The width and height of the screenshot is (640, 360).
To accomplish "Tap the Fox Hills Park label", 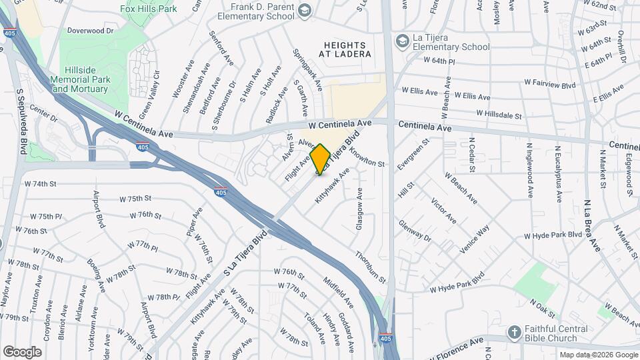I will (x=148, y=9).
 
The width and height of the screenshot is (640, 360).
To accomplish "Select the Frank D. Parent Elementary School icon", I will (x=305, y=10).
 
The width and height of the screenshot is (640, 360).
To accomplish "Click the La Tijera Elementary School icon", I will (x=402, y=41).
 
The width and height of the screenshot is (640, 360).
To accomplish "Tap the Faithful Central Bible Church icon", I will (x=513, y=332).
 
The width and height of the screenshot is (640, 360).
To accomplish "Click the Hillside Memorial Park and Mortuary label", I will (x=79, y=79).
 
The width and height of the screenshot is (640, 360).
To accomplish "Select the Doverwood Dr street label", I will (x=91, y=31).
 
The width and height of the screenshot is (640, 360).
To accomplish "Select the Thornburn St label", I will (x=370, y=266).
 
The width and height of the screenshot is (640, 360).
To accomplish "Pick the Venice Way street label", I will (x=475, y=239).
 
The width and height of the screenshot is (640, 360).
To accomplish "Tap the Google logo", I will (x=22, y=351).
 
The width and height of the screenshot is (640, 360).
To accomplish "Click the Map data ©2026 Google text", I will (x=597, y=355).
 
